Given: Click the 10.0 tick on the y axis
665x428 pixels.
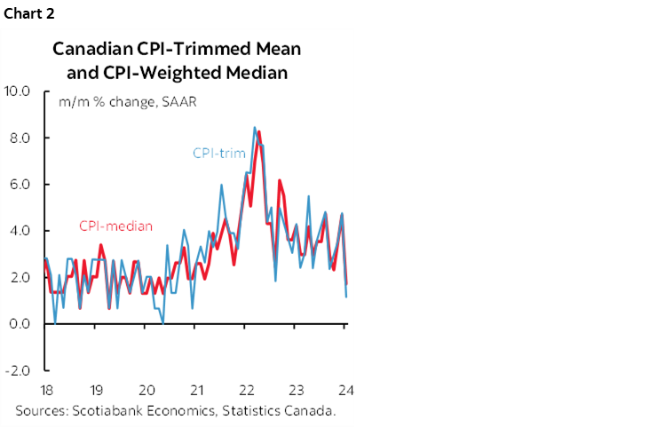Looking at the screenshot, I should (x=18, y=91).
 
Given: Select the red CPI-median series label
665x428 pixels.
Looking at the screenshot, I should (x=115, y=226).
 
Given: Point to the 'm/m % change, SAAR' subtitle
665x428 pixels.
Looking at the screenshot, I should (x=127, y=101).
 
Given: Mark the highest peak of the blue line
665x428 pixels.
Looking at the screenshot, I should (x=255, y=128).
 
